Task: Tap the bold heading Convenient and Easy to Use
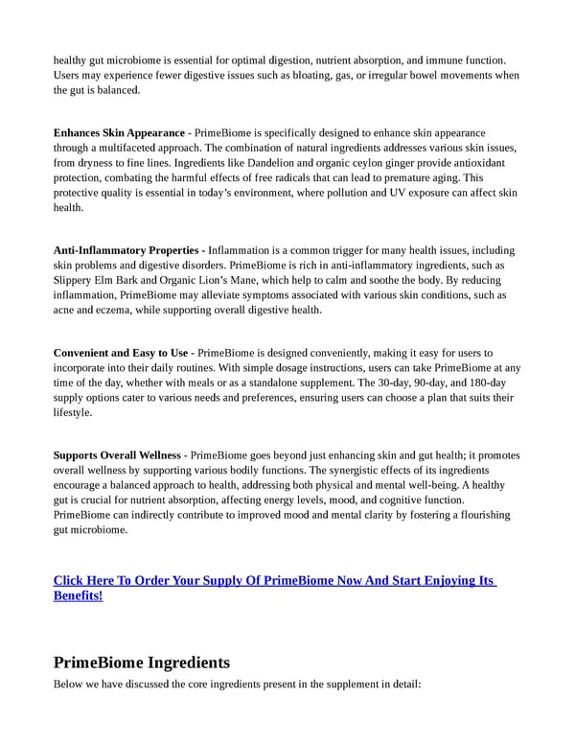click(121, 354)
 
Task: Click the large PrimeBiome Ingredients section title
click(142, 663)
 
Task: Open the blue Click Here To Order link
click(274, 581)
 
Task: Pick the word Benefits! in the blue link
click(79, 595)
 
